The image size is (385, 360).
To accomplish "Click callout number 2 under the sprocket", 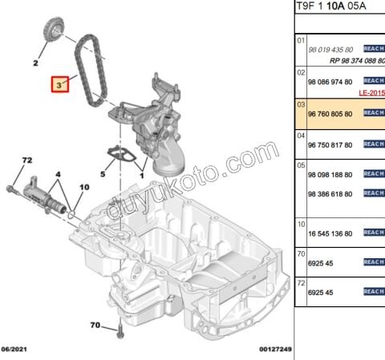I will [x=36, y=62].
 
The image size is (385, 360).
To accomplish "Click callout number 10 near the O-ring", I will [x=83, y=188].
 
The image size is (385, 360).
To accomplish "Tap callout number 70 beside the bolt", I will [x=95, y=326].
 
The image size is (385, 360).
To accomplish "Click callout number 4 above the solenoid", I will [x=57, y=174].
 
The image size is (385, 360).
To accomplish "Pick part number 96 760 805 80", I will [x=330, y=114].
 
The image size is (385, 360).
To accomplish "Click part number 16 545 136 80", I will [x=330, y=233].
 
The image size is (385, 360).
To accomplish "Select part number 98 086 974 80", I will [x=330, y=82].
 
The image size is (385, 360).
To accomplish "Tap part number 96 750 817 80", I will [x=330, y=144].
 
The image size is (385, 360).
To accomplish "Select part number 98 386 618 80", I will [x=330, y=194].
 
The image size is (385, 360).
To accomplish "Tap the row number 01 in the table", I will [x=302, y=38].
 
